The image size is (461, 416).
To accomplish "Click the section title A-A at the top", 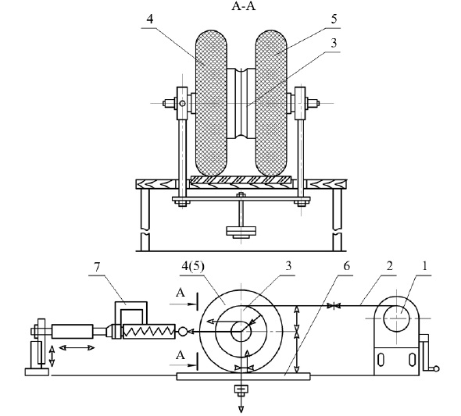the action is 244,6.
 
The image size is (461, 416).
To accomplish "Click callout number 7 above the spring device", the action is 97,267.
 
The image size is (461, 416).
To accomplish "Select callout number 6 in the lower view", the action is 347,266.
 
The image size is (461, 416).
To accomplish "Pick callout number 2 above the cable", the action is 390,266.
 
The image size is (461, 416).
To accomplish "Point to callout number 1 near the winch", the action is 424,266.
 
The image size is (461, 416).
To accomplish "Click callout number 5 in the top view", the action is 334,19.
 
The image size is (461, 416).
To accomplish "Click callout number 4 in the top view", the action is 150,19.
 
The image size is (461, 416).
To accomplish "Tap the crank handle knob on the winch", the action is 436,368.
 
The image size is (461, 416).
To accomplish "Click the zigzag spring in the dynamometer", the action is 148,332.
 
